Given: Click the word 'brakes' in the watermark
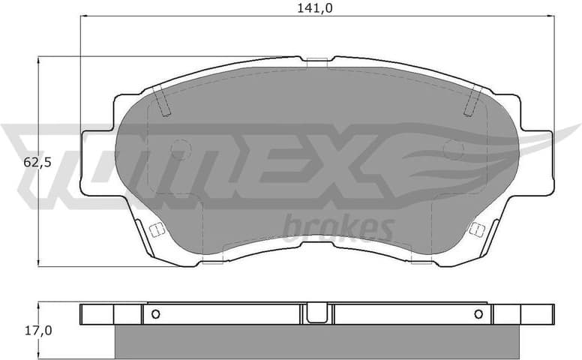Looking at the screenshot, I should (338, 226).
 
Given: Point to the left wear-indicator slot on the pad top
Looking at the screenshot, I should (162, 100).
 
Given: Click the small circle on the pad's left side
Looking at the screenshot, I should (180, 150).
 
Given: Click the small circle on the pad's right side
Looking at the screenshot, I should (453, 150).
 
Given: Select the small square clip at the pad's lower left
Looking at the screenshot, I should (157, 229).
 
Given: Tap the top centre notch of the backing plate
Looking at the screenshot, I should (317, 60).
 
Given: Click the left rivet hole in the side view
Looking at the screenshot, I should (155, 314).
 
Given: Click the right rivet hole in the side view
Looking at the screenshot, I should (478, 314).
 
